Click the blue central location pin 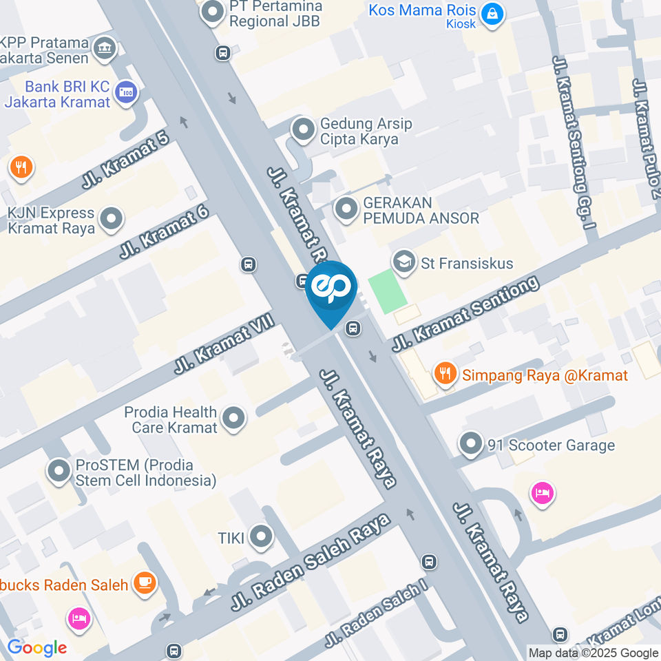click(331, 289)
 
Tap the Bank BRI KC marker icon click(126, 93)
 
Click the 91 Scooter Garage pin click(472, 444)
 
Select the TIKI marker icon click(261, 538)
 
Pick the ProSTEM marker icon click(59, 471)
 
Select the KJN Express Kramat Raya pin click(110, 220)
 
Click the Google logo click(36, 648)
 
